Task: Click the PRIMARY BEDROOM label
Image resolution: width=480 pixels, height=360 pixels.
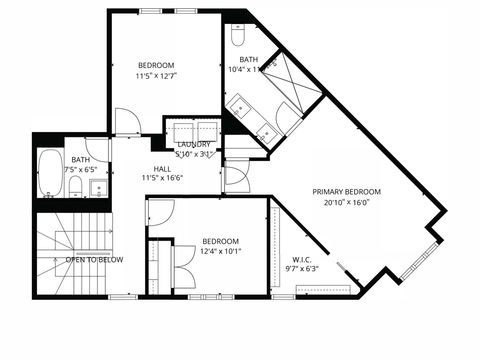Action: click(346, 191)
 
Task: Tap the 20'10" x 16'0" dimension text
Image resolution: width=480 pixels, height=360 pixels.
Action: click(346, 202)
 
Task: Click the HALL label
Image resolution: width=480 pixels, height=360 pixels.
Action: click(162, 168)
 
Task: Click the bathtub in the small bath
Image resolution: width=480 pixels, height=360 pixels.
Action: click(49, 174)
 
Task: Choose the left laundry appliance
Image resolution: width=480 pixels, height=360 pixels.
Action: click(183, 131)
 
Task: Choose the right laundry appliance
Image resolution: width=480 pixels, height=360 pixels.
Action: click(207, 131)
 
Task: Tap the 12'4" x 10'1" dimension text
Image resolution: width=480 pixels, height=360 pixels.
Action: click(220, 252)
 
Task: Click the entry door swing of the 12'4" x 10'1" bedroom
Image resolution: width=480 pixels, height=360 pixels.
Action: click(161, 211)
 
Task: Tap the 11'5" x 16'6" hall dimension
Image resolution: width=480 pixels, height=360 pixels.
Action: click(162, 179)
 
